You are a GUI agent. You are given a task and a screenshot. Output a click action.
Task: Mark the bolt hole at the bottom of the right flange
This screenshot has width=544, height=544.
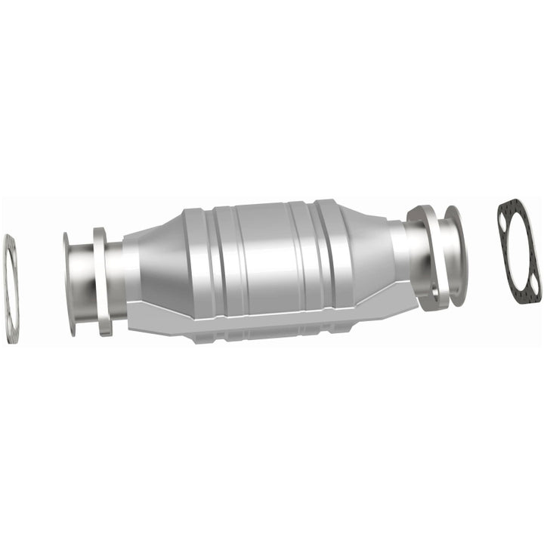coord(426,298)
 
